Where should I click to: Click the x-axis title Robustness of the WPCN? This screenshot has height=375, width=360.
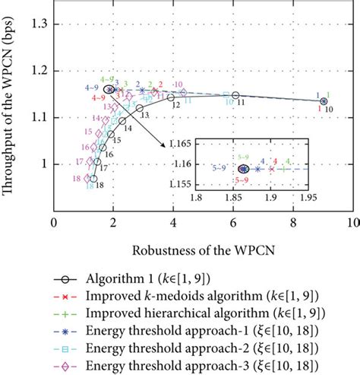point(201,249)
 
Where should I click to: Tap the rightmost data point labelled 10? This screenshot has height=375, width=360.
point(324,101)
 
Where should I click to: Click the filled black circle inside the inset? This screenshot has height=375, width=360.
point(243,169)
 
